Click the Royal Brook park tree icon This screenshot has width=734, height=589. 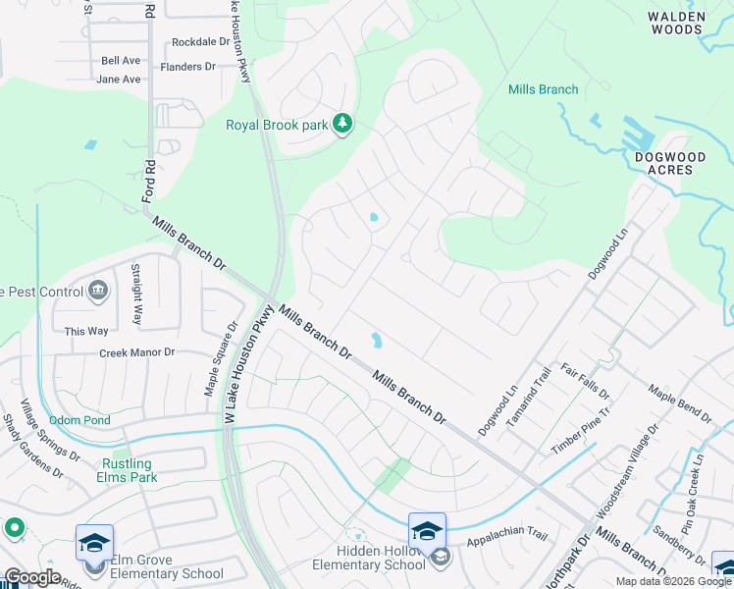coord(342,125)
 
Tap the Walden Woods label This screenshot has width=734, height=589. coord(689,23)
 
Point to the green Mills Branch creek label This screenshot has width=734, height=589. coord(543,89)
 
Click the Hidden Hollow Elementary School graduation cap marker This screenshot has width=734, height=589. coord(427,531)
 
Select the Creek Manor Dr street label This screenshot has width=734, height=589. coord(136,351)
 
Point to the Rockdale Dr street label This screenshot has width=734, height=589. coord(200,42)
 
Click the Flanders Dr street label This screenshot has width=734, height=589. coord(186,67)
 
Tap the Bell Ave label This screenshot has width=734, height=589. coord(121,60)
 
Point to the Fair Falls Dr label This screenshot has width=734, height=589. coord(585,382)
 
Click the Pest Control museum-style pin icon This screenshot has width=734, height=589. coord(98,290)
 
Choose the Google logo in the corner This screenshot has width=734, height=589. coord(32,577)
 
